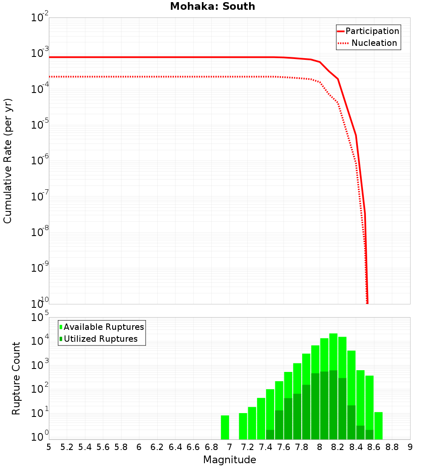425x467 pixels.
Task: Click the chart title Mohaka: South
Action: pos(212,7)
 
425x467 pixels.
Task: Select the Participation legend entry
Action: pos(368,31)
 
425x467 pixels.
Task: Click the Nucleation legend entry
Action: pos(368,43)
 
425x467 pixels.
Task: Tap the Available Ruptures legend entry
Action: pos(102,327)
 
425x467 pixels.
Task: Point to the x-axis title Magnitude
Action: pos(229,460)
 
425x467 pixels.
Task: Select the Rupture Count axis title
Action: pos(16,378)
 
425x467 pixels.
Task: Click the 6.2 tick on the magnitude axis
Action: pos(157,447)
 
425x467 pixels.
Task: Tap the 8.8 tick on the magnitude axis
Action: pos(392,447)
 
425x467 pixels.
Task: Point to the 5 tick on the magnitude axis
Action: pos(49,447)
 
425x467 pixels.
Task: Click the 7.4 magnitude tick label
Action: pos(266,447)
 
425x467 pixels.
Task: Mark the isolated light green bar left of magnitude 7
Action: pos(225,427)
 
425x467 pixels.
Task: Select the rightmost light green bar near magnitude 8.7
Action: pos(378,425)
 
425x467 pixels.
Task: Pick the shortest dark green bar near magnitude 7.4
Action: pos(270,435)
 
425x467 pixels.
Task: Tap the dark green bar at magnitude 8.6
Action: pos(369,435)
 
